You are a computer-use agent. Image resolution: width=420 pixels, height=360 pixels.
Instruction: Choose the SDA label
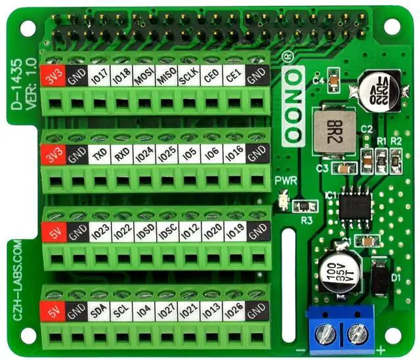[x=99, y=309]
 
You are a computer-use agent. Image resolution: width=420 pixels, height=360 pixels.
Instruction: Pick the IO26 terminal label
[x=234, y=309]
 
